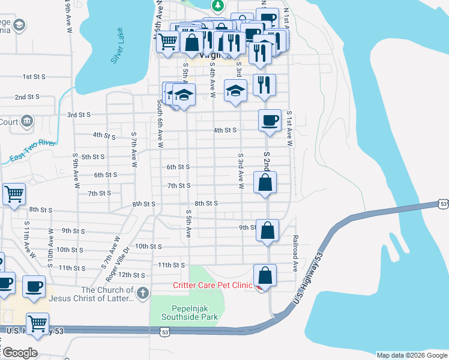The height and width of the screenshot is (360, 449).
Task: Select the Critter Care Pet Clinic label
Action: point(212,286)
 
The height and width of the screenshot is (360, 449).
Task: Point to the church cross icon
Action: point(142,293)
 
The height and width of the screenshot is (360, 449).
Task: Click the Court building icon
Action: point(26,122)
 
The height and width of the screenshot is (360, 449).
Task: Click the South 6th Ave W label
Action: point(160,124)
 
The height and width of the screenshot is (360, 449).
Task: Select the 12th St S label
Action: point(131,275)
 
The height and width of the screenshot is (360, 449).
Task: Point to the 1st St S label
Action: point(35,77)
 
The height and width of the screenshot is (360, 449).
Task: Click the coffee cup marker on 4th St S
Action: point(270,120)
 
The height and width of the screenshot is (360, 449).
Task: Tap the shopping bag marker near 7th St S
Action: point(265,182)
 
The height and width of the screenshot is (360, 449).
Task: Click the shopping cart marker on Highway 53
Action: point(38,324)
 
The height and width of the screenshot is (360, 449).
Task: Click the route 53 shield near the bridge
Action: point(442,204)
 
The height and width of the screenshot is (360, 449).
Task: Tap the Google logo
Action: point(20,352)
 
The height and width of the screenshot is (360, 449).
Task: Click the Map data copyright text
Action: point(412,355)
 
